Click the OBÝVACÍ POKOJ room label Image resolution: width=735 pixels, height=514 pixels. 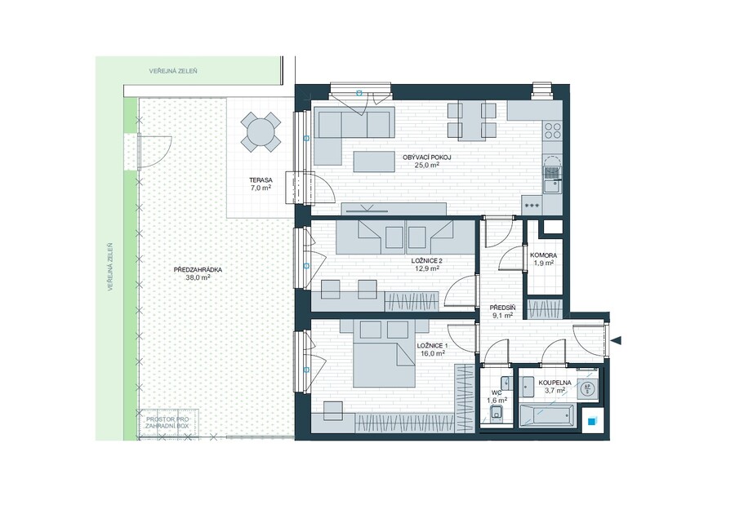426,157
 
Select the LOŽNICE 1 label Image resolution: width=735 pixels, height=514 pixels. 432,346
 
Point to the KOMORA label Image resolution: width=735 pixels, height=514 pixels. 543,255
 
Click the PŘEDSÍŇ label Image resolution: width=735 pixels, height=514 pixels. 502,308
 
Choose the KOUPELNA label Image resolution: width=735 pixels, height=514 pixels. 555,383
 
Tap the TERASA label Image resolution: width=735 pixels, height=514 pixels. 261,179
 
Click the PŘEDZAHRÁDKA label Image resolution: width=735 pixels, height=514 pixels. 198,269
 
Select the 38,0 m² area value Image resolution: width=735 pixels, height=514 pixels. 198,277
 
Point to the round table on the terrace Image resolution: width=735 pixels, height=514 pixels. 261,132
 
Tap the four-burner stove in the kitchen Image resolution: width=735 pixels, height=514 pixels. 552,131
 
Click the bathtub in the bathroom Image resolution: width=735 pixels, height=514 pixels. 546,415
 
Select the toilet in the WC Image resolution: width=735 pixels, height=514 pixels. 497,412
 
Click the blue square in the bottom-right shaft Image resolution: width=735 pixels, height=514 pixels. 593,420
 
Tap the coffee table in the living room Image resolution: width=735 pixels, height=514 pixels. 373,161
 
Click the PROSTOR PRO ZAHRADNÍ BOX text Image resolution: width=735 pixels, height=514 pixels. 167,423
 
